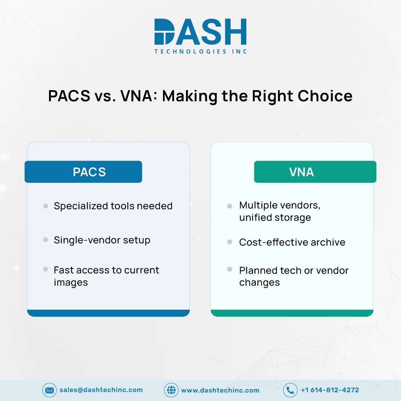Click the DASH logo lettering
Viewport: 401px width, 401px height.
tap(200, 32)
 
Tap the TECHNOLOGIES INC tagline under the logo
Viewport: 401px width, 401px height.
tap(200, 52)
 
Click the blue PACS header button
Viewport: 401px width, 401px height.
tap(83, 172)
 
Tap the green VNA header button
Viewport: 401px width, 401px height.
tap(315, 172)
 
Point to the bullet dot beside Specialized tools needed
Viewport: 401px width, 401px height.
tap(46, 206)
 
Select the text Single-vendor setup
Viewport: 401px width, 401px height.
tap(102, 240)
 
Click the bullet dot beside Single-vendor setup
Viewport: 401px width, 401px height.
tap(46, 240)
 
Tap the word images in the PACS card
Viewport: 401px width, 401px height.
tap(71, 283)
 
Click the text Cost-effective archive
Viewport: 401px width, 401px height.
tap(292, 242)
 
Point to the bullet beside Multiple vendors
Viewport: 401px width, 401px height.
tap(229, 206)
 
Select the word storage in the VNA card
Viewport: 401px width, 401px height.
tap(293, 218)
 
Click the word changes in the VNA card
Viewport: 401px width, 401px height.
tap(259, 283)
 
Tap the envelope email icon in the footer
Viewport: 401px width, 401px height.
tap(49, 390)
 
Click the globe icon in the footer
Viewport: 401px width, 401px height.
tap(171, 390)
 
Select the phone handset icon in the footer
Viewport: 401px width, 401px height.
tap(290, 390)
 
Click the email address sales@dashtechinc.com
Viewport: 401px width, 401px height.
tap(101, 390)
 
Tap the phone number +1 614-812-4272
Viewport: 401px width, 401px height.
tap(330, 390)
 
